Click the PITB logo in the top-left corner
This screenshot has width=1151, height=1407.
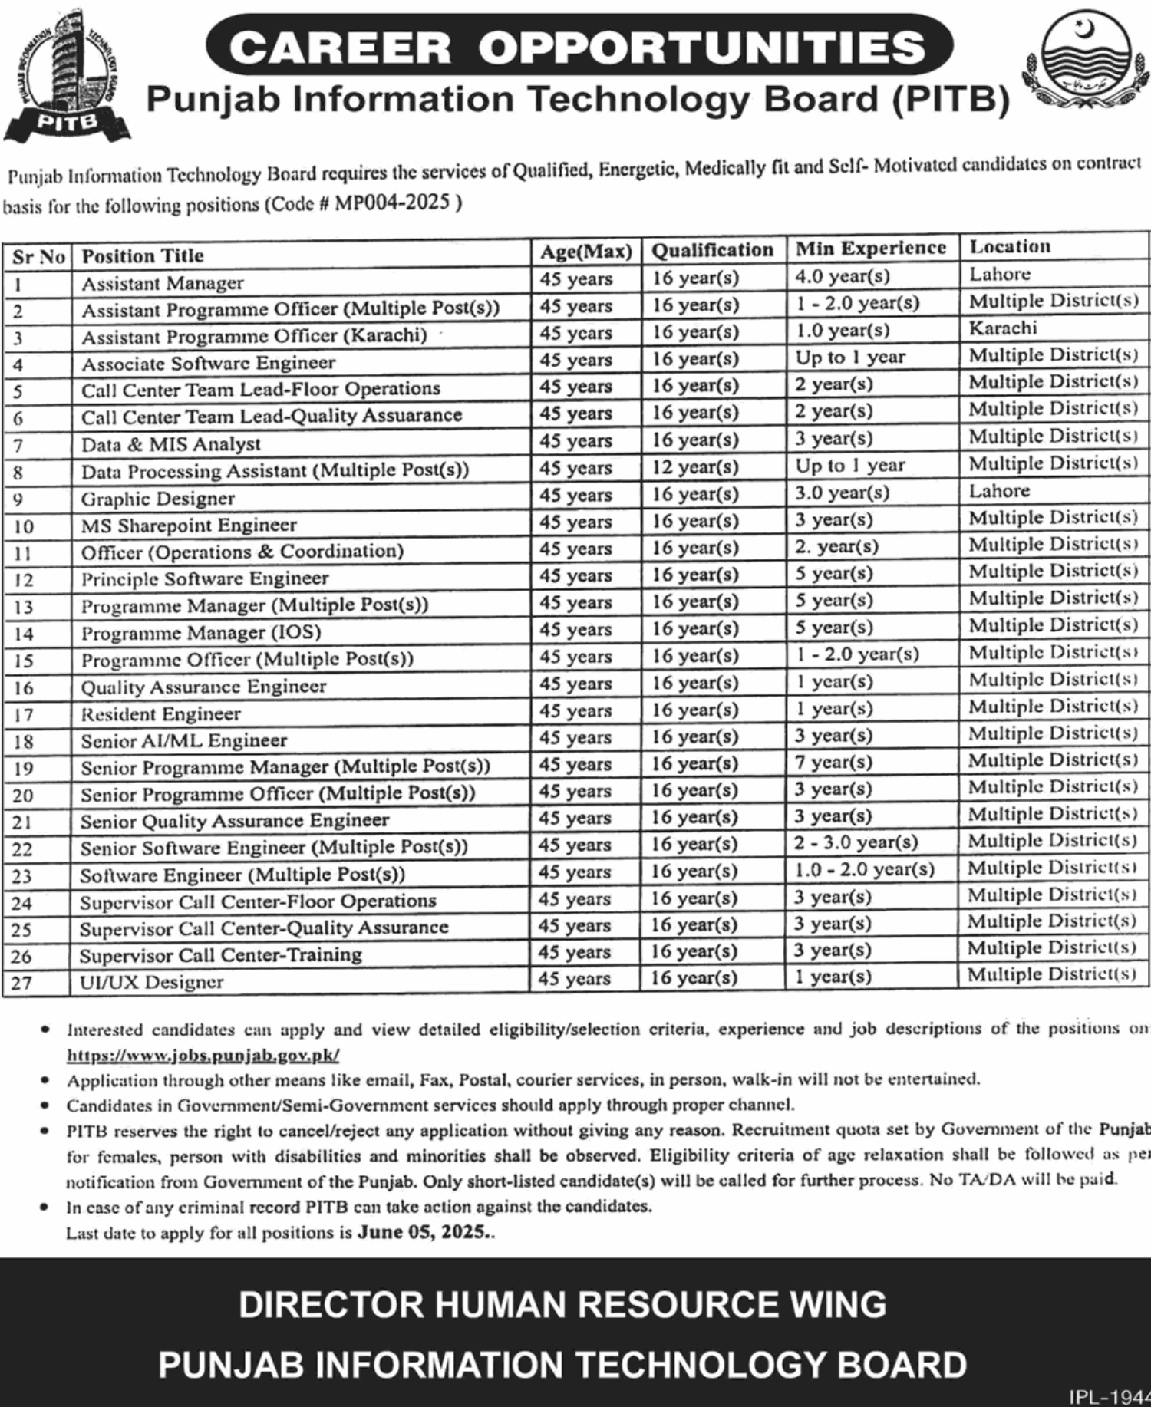(x=67, y=77)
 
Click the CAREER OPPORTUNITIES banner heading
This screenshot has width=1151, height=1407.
(x=578, y=48)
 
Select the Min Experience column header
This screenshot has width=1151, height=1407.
(x=870, y=248)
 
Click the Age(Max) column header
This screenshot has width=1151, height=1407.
(x=585, y=252)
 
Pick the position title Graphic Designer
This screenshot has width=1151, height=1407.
(x=158, y=499)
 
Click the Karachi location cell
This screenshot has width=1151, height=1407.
(x=1003, y=328)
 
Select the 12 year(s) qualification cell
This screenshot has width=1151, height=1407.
(x=695, y=466)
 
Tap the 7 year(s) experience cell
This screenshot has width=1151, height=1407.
(x=833, y=763)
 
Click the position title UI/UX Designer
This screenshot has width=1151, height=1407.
(x=152, y=982)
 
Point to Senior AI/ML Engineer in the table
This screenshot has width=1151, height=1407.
(x=184, y=740)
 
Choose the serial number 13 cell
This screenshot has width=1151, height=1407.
(x=24, y=607)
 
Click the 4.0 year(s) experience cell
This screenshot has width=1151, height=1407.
(x=842, y=275)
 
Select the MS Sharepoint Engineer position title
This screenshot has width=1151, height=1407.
(x=189, y=526)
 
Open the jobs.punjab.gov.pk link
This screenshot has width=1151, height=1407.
(x=203, y=1055)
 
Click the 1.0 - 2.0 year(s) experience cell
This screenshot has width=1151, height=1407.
(x=864, y=869)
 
